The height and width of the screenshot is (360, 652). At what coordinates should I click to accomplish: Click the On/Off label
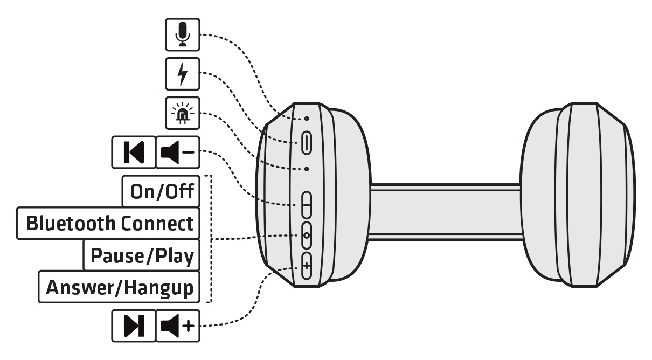point(161,191)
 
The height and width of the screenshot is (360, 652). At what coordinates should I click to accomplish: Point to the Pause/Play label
point(142,255)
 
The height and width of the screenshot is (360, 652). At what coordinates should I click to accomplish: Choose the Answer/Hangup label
point(120,287)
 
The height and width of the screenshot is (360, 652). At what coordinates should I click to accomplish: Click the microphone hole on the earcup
point(307,119)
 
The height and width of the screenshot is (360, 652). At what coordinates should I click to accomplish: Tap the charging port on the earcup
point(307,143)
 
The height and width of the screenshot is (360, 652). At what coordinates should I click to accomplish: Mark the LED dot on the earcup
point(307,169)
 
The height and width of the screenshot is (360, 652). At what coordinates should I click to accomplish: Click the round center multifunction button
point(307,235)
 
